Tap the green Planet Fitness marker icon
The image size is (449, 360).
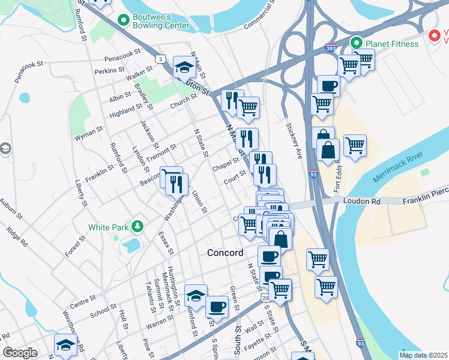[x=356, y=43]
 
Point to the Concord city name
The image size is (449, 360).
[x=225, y=253]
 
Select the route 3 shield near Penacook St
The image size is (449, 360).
[x=160, y=58]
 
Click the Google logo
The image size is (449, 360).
[x=20, y=352]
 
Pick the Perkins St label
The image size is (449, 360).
[x=109, y=71]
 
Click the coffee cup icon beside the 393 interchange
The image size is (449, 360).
[x=328, y=86]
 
